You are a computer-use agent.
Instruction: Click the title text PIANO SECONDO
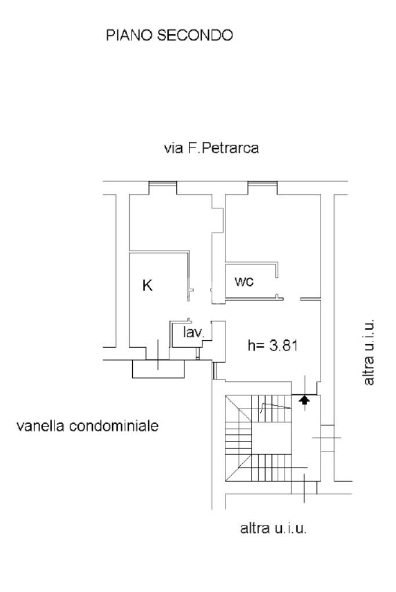tap(169, 36)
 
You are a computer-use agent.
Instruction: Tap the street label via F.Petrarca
tap(212, 148)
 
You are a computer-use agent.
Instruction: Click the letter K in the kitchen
tap(147, 285)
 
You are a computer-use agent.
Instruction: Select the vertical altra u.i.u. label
tap(369, 351)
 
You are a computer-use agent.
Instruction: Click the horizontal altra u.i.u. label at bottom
tap(273, 528)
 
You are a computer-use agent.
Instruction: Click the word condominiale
tap(113, 427)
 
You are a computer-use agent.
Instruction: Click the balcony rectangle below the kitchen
tap(158, 368)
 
